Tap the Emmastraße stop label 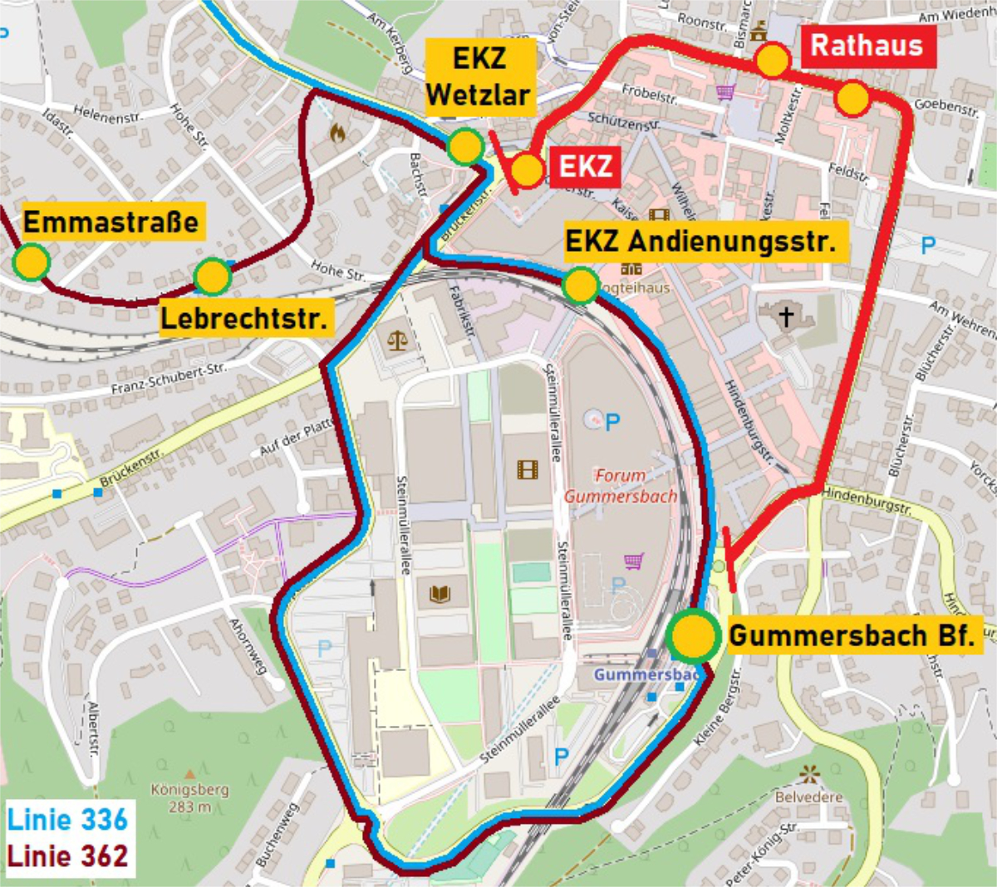(x=111, y=223)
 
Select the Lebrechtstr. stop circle (x=212, y=277)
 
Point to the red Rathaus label (x=867, y=45)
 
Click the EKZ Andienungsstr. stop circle (x=580, y=285)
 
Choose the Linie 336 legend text (x=67, y=820)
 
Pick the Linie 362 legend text (x=67, y=856)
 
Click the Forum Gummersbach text (x=620, y=486)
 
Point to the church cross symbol (x=785, y=316)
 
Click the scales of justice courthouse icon (x=397, y=340)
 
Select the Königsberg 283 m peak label (x=190, y=797)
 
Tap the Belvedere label (x=808, y=797)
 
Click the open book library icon (x=440, y=593)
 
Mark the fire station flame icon (x=337, y=133)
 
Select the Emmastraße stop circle (x=32, y=262)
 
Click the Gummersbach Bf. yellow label (x=852, y=636)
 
